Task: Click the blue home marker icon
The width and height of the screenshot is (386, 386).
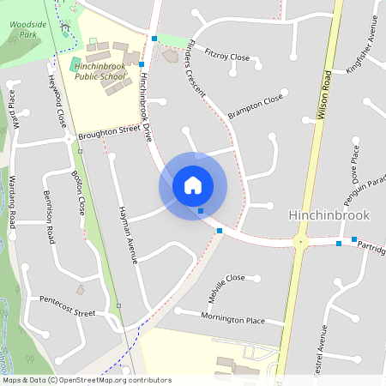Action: click(x=193, y=185)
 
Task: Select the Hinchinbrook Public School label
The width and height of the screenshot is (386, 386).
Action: click(x=100, y=71)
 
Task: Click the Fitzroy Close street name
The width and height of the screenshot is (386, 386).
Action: click(x=227, y=55)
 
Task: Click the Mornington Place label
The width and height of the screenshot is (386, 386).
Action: click(x=232, y=319)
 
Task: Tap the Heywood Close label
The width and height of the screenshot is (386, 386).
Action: click(x=57, y=101)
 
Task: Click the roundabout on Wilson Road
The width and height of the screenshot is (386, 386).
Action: click(x=300, y=243)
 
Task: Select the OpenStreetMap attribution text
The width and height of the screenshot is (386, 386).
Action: click(x=87, y=379)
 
